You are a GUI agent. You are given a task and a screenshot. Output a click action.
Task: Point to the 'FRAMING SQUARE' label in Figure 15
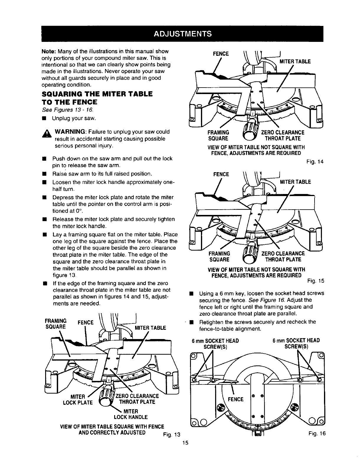click(x=219, y=257)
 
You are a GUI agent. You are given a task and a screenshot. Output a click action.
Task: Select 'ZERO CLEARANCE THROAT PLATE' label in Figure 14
click(x=282, y=135)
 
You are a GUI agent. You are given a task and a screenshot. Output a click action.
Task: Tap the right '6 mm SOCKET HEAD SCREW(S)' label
click(x=296, y=344)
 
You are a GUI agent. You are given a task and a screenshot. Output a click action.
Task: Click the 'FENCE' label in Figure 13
click(x=85, y=322)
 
